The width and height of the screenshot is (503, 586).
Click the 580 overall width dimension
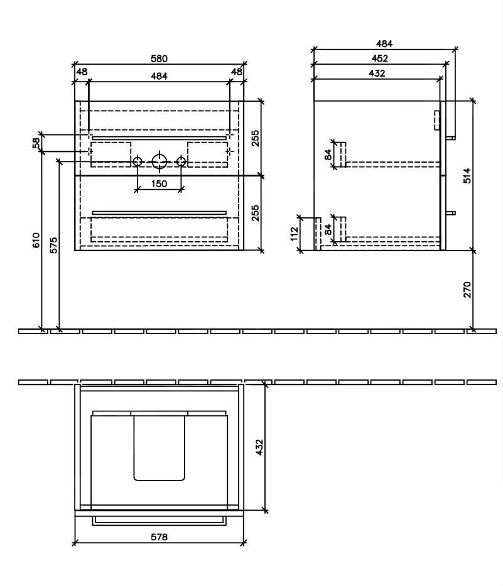pos(160,58)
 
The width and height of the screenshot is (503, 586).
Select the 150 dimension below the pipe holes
pos(160,183)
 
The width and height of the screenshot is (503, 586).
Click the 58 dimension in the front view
pos(36,143)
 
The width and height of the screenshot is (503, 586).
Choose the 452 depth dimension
pos(379,58)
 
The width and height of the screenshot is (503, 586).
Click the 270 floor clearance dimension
pos(467,290)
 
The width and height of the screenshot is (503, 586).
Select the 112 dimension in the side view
pos(294,234)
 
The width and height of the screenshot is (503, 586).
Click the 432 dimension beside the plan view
pos(259,447)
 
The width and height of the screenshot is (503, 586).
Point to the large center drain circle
pos(160,162)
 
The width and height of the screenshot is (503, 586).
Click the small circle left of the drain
pos(138,162)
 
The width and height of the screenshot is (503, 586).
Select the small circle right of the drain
pos(181,162)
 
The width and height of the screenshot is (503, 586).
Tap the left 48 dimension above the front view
pos(82,72)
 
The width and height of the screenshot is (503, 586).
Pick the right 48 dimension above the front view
pos(236,72)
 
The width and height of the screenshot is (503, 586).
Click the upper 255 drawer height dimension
pos(255,138)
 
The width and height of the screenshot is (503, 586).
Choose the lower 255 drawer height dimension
pos(255,213)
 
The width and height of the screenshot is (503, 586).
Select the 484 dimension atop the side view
pos(384,44)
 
